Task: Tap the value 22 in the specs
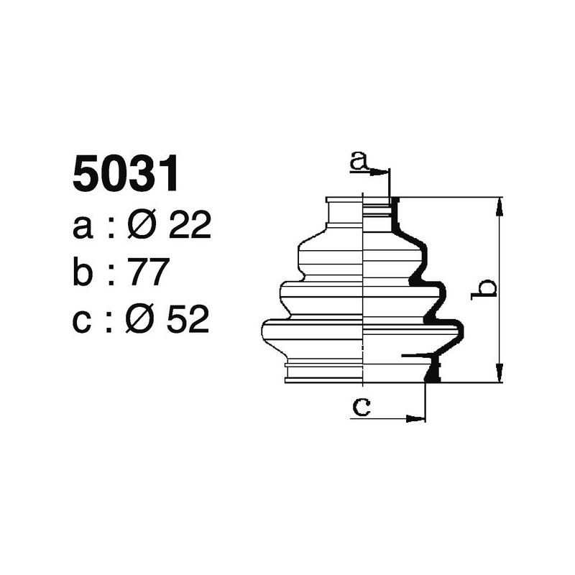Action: tap(189, 227)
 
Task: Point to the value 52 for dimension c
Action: tap(189, 321)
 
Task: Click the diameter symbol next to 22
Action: tap(142, 227)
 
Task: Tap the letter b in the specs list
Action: tap(83, 274)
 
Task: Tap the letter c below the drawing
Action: tap(361, 408)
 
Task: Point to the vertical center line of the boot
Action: tap(364, 287)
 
